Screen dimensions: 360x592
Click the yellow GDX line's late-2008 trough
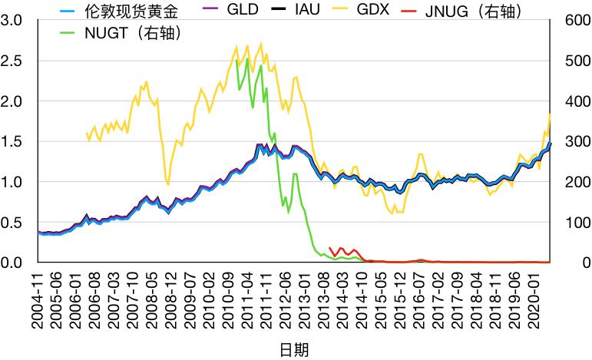(x=168, y=184)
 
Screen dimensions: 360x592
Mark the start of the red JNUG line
(x=329, y=247)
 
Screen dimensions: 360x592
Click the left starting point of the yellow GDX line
(x=86, y=133)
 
